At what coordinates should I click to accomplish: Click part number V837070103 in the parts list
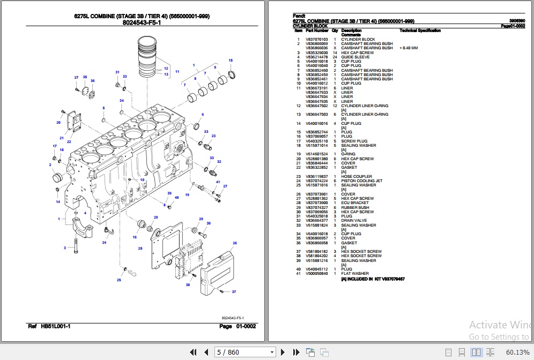pos(316,39)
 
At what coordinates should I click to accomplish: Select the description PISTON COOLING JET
pos(362,181)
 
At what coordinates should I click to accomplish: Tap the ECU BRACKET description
pos(355,203)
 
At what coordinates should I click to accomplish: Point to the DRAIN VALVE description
pos(354,221)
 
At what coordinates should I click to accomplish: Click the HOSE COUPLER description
pos(357,177)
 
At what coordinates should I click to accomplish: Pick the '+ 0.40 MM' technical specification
pos(409,48)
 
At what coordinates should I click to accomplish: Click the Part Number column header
pos(317,31)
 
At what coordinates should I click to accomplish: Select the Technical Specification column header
pos(420,31)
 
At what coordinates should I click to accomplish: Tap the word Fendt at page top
pos(299,16)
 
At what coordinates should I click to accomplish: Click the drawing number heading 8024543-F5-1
pos(142,22)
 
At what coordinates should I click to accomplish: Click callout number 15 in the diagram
pos(231,61)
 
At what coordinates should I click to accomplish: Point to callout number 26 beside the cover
pos(234,243)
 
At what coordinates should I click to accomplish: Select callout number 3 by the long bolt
pos(65,247)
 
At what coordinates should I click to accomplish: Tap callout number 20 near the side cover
pos(58,123)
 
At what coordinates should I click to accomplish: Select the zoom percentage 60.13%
pos(518,352)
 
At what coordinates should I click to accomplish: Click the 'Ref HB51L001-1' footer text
pos(49,326)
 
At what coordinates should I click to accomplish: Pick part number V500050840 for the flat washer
pos(316,274)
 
